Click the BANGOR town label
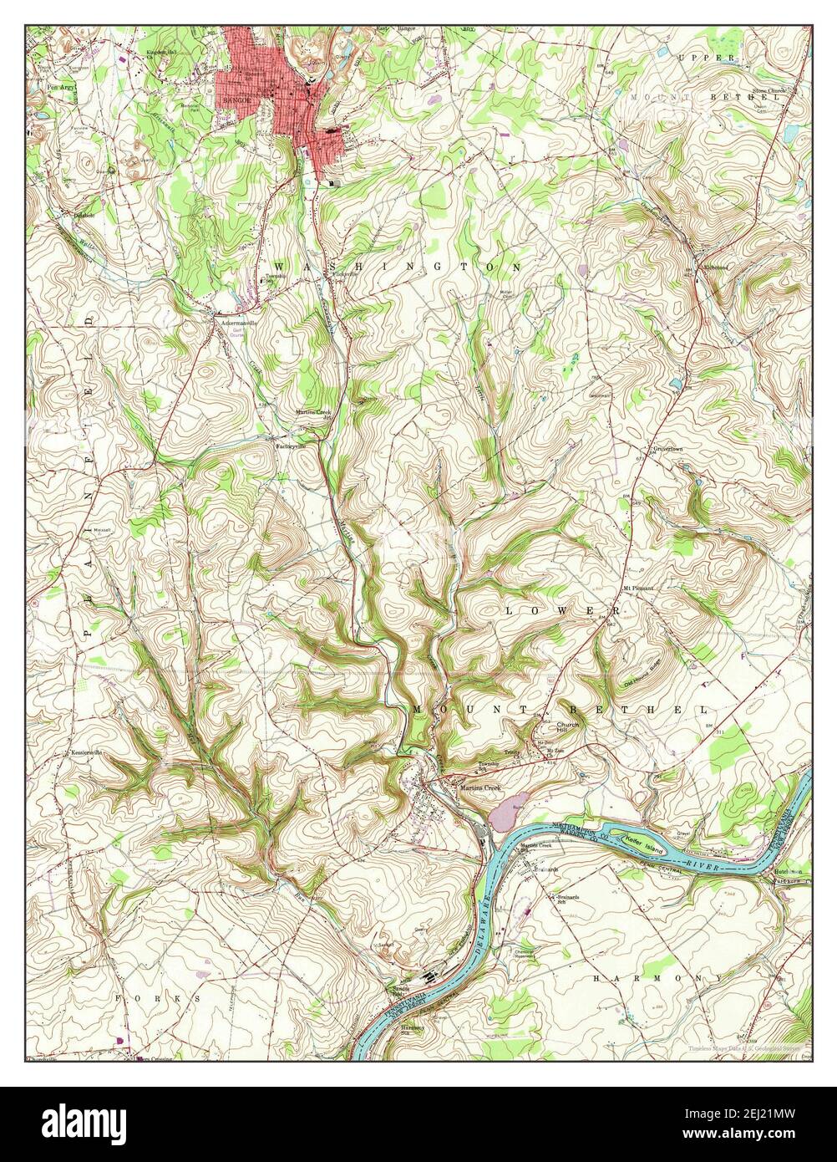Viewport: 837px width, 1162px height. [x=228, y=99]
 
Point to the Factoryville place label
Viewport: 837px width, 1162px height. [x=292, y=446]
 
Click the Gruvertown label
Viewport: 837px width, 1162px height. [x=668, y=449]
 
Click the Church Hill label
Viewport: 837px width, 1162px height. [x=568, y=728]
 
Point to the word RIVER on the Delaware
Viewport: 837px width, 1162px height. [x=701, y=861]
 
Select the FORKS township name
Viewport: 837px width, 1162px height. [x=159, y=998]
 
